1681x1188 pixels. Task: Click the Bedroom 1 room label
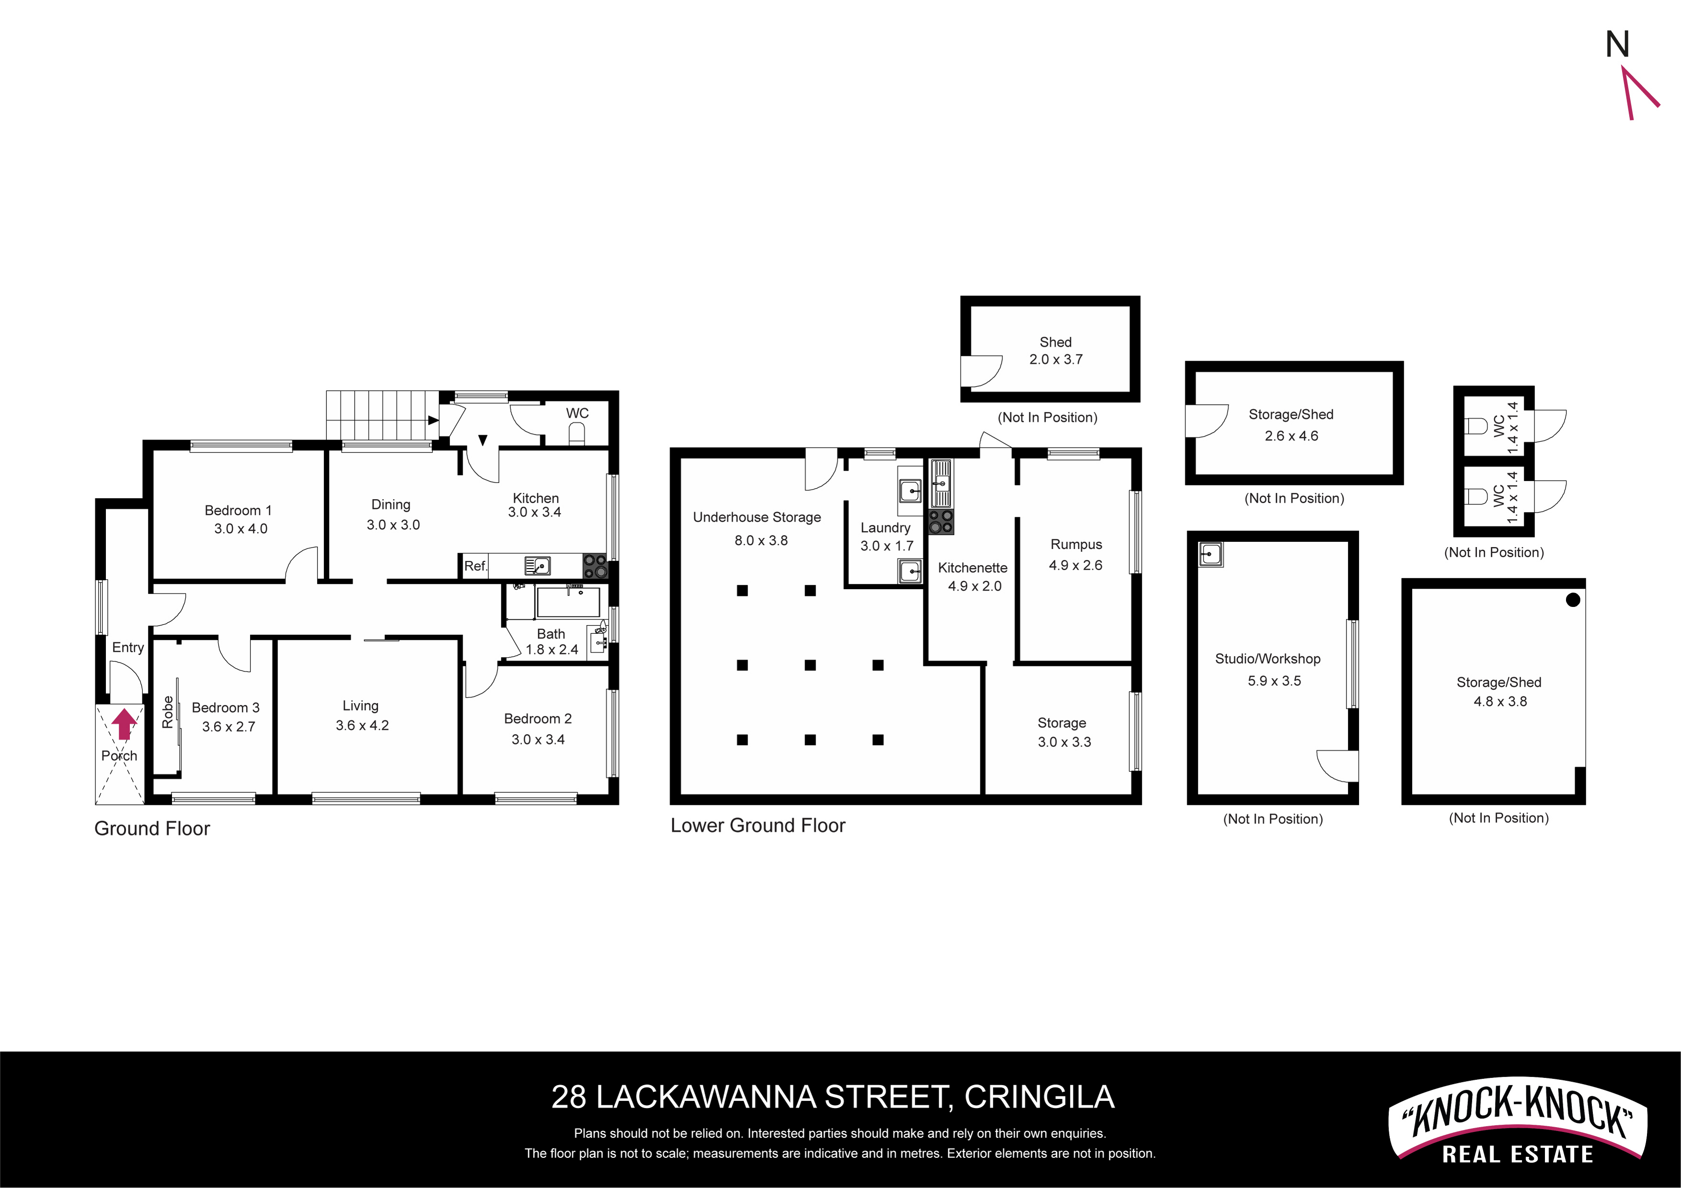click(x=238, y=510)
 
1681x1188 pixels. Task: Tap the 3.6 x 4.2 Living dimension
click(x=362, y=725)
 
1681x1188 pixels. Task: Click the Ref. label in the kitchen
click(x=475, y=566)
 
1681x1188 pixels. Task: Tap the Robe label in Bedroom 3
click(x=168, y=712)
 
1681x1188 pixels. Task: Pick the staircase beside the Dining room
click(x=382, y=415)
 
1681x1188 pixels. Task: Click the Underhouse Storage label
click(x=757, y=517)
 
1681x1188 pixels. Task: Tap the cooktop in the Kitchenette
click(x=941, y=522)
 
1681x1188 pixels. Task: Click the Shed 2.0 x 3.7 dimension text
click(x=1056, y=359)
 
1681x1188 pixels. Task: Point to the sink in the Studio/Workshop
click(x=1210, y=555)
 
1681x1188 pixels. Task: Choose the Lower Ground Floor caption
click(x=758, y=826)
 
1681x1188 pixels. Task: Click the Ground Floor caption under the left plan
click(x=152, y=829)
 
